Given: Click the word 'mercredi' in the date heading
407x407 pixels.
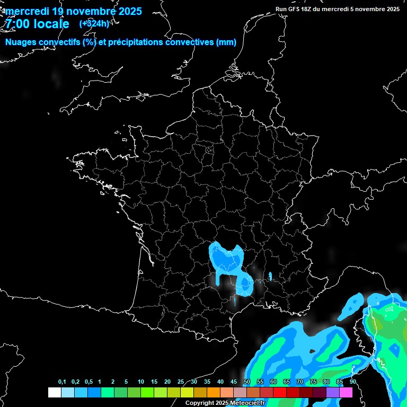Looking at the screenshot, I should [26, 11].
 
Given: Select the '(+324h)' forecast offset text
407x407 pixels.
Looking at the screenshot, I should [94, 23].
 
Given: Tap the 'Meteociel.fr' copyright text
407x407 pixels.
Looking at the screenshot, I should [246, 403].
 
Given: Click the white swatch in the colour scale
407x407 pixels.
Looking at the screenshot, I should [54, 393].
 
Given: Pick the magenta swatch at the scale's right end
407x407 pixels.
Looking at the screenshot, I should [346, 393].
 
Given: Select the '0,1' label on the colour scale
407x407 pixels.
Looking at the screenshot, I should [61, 382].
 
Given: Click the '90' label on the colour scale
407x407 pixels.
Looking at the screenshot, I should [352, 382].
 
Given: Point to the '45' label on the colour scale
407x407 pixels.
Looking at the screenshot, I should [233, 382].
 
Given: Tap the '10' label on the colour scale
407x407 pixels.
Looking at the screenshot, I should [140, 382].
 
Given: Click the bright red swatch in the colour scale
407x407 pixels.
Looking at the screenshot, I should [280, 393].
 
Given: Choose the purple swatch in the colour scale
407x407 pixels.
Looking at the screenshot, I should [333, 393].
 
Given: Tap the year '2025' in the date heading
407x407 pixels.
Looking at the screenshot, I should [127, 11].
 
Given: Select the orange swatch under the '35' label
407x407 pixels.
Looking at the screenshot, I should [214, 393].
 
